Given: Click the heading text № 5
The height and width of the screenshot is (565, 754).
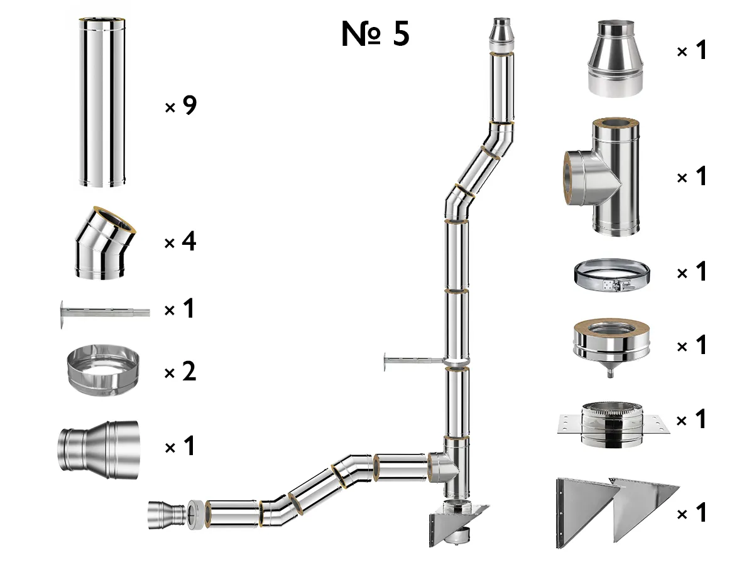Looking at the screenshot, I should click(375, 35).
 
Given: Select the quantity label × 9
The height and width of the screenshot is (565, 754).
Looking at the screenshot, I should click(181, 107).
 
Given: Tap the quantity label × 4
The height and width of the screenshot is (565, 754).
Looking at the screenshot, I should click(181, 242).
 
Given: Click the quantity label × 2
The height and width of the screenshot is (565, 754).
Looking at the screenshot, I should click(181, 373).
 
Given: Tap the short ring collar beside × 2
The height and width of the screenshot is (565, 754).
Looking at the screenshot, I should click(103, 373).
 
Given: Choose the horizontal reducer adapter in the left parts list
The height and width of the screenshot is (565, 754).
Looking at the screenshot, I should click(99, 446).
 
